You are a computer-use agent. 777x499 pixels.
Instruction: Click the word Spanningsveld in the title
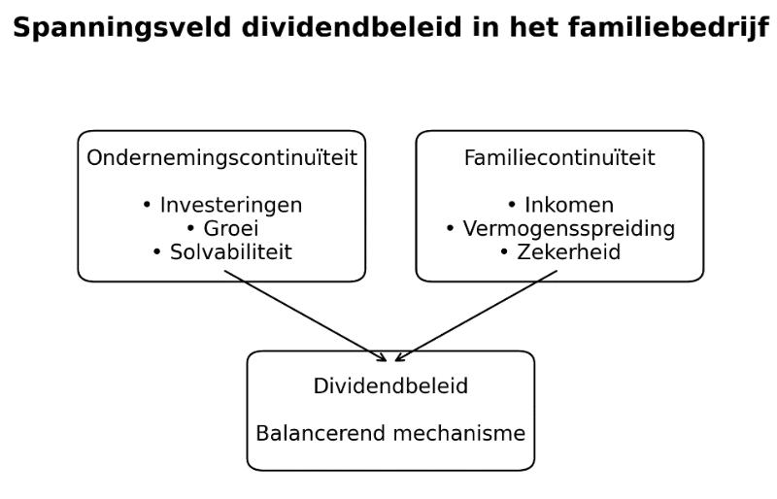coord(122,28)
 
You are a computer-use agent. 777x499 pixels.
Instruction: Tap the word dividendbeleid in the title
coord(352,27)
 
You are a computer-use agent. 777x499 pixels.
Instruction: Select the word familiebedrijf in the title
coord(668,28)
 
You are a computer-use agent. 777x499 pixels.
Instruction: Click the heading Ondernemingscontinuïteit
coord(222,157)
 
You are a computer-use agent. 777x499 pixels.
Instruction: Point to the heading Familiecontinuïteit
coord(559,157)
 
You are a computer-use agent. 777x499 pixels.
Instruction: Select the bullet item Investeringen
coord(231,205)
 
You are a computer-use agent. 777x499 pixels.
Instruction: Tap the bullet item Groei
coord(231,228)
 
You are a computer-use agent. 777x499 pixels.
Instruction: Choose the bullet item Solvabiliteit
coord(231,252)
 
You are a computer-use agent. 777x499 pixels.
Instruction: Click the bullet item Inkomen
coord(569,205)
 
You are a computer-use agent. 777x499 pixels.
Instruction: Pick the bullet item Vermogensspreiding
coord(569,229)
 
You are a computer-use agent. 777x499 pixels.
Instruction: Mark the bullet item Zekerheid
coord(569,252)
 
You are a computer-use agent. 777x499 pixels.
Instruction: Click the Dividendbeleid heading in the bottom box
coord(390,386)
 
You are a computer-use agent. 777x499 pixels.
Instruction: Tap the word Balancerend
coord(321,434)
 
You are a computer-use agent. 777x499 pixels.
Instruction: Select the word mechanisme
coord(458,434)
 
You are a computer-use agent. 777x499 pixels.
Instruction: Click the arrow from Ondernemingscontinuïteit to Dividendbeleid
coord(305,316)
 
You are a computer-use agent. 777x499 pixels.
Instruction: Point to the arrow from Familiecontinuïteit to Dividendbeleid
coord(476,316)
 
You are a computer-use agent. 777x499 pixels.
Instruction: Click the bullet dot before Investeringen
coord(147,204)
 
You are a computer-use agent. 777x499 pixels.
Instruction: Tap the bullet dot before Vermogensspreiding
coord(450,228)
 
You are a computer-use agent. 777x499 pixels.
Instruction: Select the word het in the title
coord(532,27)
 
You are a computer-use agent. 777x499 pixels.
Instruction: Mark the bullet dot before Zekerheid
coord(504,251)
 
